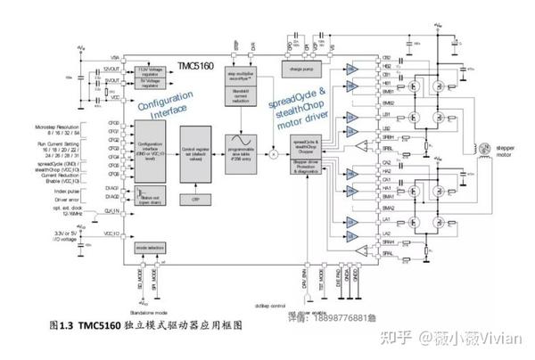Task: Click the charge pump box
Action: coord(303,66)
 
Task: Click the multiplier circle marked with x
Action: coord(275,157)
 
